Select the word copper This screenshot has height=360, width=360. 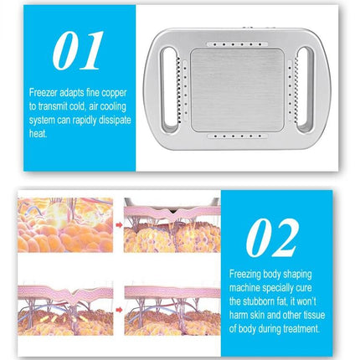pos(109,106)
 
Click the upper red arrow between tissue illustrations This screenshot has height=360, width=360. pos(118,224)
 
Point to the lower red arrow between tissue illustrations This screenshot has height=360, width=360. pos(118,307)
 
